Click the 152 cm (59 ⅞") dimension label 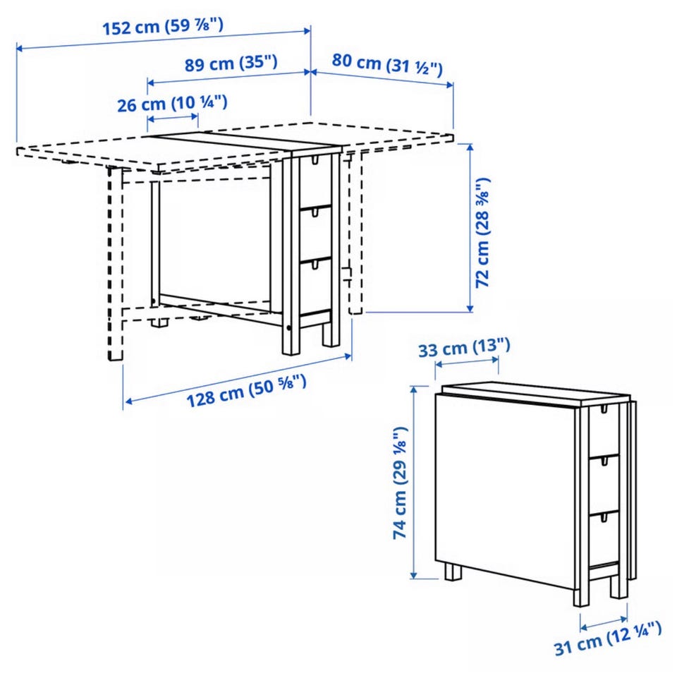(163, 27)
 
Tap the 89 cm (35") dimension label (231, 64)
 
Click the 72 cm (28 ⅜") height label (482, 233)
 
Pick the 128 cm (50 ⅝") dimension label (246, 390)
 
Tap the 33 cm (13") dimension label (464, 348)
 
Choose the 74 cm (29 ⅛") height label (400, 483)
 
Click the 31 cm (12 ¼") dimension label (608, 639)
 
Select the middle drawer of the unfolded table (315, 234)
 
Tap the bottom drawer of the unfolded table (315, 286)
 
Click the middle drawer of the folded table (604, 484)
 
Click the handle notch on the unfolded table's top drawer (315, 159)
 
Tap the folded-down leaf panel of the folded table (505, 491)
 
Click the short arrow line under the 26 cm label (172, 119)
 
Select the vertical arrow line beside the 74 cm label (414, 483)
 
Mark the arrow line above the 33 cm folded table (467, 361)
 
